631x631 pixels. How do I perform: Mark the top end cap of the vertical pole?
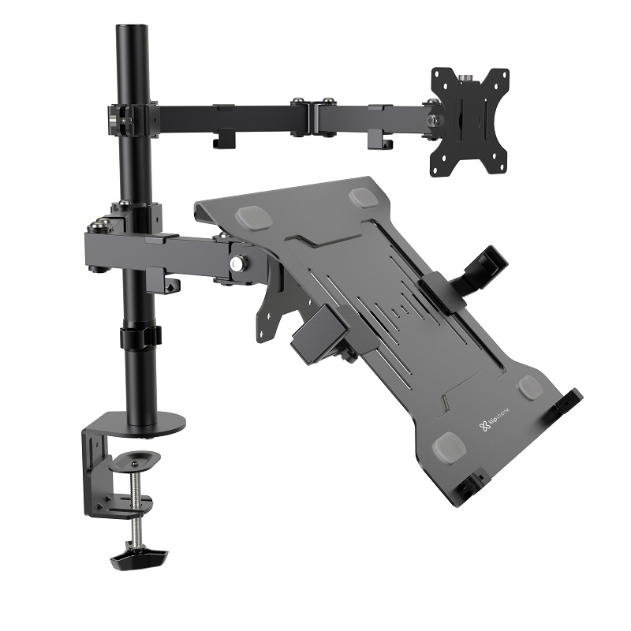click(x=133, y=32)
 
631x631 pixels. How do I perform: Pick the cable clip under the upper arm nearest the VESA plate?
click(x=379, y=140)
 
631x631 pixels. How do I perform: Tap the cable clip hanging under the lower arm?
click(x=162, y=281)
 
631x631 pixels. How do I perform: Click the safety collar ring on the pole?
click(x=140, y=337)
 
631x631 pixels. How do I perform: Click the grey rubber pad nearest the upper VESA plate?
click(x=364, y=196)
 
